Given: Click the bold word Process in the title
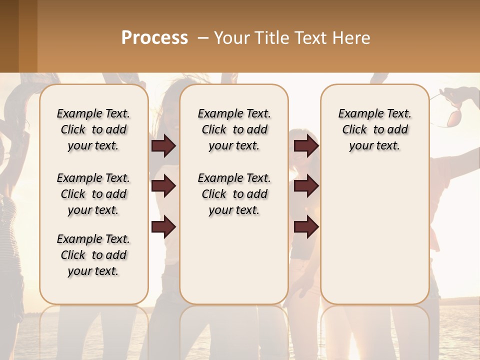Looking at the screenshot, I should (x=154, y=38).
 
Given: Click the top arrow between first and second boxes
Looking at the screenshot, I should (x=163, y=145).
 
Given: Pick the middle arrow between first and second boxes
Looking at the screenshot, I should (x=163, y=186).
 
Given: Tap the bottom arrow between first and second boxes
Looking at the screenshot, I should (x=163, y=227).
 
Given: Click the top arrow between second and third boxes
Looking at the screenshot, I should (x=306, y=145).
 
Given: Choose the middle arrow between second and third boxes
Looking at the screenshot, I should (x=306, y=186).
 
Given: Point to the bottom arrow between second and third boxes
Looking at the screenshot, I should (x=306, y=227).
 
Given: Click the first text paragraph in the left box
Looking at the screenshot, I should (x=93, y=129).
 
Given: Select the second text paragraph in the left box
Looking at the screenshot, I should (x=93, y=194).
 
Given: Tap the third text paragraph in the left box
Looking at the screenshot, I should (x=93, y=255).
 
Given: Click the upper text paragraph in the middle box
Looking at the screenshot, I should (x=234, y=129).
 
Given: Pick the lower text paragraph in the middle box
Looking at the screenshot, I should (x=234, y=194).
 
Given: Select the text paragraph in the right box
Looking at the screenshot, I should (x=374, y=129).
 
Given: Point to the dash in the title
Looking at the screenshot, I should (x=203, y=38).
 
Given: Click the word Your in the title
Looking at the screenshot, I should (x=230, y=38).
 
